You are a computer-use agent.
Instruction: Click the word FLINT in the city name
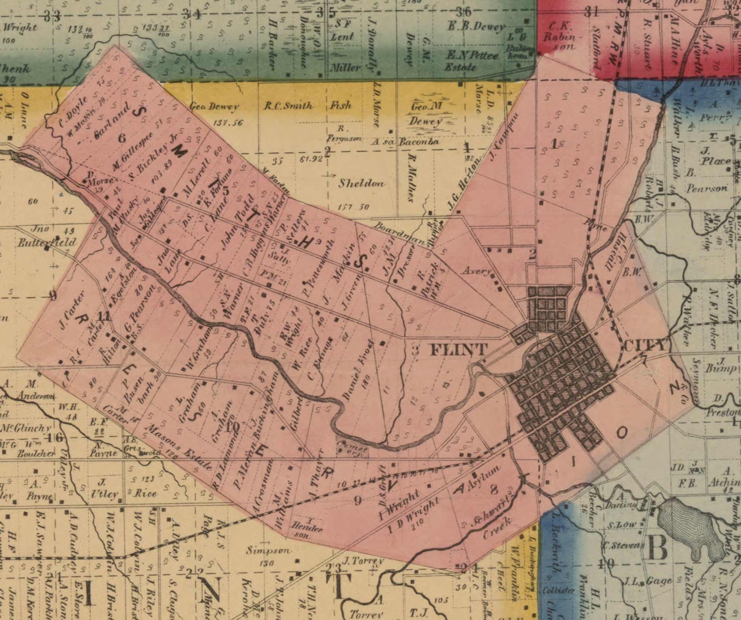tap(458, 349)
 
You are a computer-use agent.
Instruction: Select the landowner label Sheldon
tap(362, 183)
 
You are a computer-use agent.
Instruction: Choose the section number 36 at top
tap(463, 12)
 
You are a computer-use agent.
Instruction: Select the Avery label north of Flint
tap(476, 271)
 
